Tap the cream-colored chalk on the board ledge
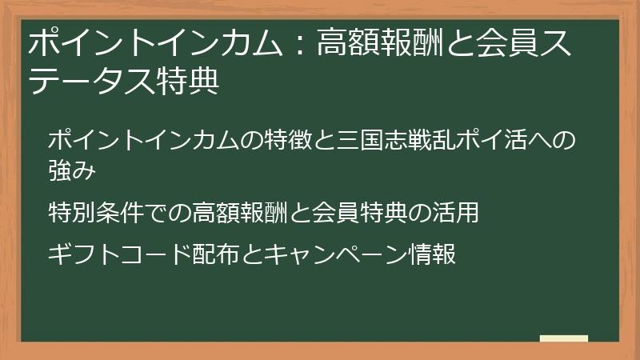pos(563,338)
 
